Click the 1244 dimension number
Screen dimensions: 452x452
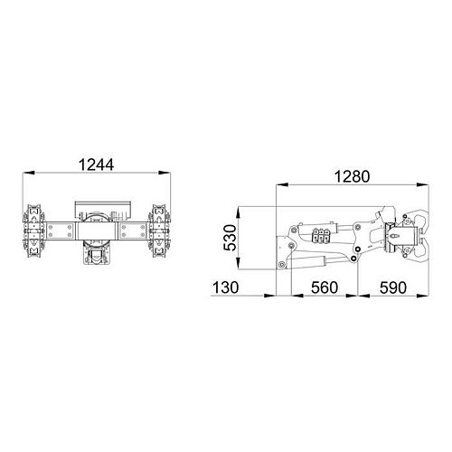[96, 165]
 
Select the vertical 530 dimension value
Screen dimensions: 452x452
[231, 238]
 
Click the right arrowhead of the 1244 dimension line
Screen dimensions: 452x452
[167, 174]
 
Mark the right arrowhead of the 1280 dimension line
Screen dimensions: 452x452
[424, 184]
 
